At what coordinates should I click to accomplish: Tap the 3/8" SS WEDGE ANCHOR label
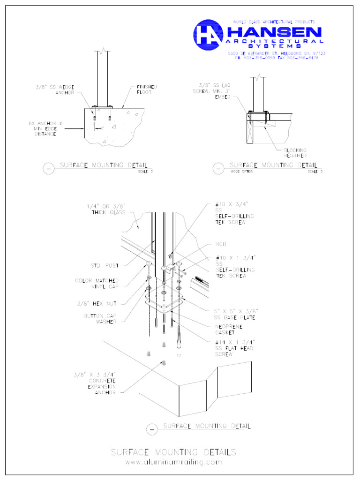click(x=55, y=90)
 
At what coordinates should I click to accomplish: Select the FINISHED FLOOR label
click(x=147, y=90)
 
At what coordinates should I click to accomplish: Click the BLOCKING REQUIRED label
click(x=295, y=153)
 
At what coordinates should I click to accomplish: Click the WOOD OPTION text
click(x=242, y=172)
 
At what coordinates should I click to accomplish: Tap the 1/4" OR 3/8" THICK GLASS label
click(x=107, y=210)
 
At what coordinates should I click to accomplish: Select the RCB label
click(x=221, y=244)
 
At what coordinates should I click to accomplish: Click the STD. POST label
click(x=105, y=266)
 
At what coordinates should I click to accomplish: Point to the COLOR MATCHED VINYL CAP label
click(x=97, y=283)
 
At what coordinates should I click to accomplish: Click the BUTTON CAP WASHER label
click(x=100, y=319)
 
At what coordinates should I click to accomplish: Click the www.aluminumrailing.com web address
click(x=173, y=462)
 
